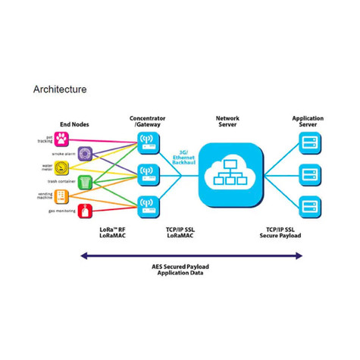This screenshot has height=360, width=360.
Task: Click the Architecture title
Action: coord(60,89)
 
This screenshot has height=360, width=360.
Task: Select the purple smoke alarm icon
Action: coord(85,154)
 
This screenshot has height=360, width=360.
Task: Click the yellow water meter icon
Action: coord(63,167)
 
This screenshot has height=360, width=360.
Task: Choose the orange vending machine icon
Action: coord(63,196)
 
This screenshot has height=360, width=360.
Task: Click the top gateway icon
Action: coord(148,140)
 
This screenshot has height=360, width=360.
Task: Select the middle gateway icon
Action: coord(148,171)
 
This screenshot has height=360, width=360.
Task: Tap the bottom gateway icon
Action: coord(148,203)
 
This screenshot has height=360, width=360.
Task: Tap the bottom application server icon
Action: coord(308,205)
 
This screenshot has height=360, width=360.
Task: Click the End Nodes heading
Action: coord(74,124)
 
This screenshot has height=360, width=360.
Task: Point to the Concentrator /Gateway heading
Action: coord(148,122)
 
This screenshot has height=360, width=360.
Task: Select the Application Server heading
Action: coord(308,122)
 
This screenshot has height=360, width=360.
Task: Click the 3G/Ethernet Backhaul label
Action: coord(183,157)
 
